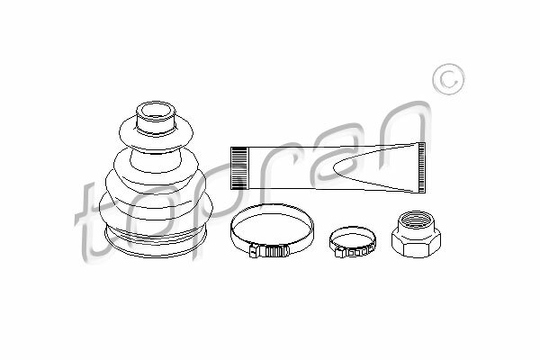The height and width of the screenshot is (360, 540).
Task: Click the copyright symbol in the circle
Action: (449, 79)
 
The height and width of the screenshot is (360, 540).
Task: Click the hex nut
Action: (416, 234)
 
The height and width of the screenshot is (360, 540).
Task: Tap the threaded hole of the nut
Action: (416, 219)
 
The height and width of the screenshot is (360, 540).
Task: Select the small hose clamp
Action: (352, 241)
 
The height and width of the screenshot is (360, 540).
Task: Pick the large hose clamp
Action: (272, 230)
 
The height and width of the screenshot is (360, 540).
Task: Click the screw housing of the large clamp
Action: (269, 251)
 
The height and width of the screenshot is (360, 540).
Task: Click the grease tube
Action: (328, 167)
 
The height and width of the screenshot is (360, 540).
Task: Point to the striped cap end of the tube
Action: (238, 168)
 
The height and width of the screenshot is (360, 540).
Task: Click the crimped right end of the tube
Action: (421, 167)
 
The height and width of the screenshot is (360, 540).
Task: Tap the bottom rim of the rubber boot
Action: (155, 243)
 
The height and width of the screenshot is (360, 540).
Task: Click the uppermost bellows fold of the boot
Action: (156, 134)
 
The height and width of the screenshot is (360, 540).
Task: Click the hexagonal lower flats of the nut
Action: (416, 246)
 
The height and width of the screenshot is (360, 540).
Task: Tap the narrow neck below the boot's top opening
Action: (155, 125)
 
